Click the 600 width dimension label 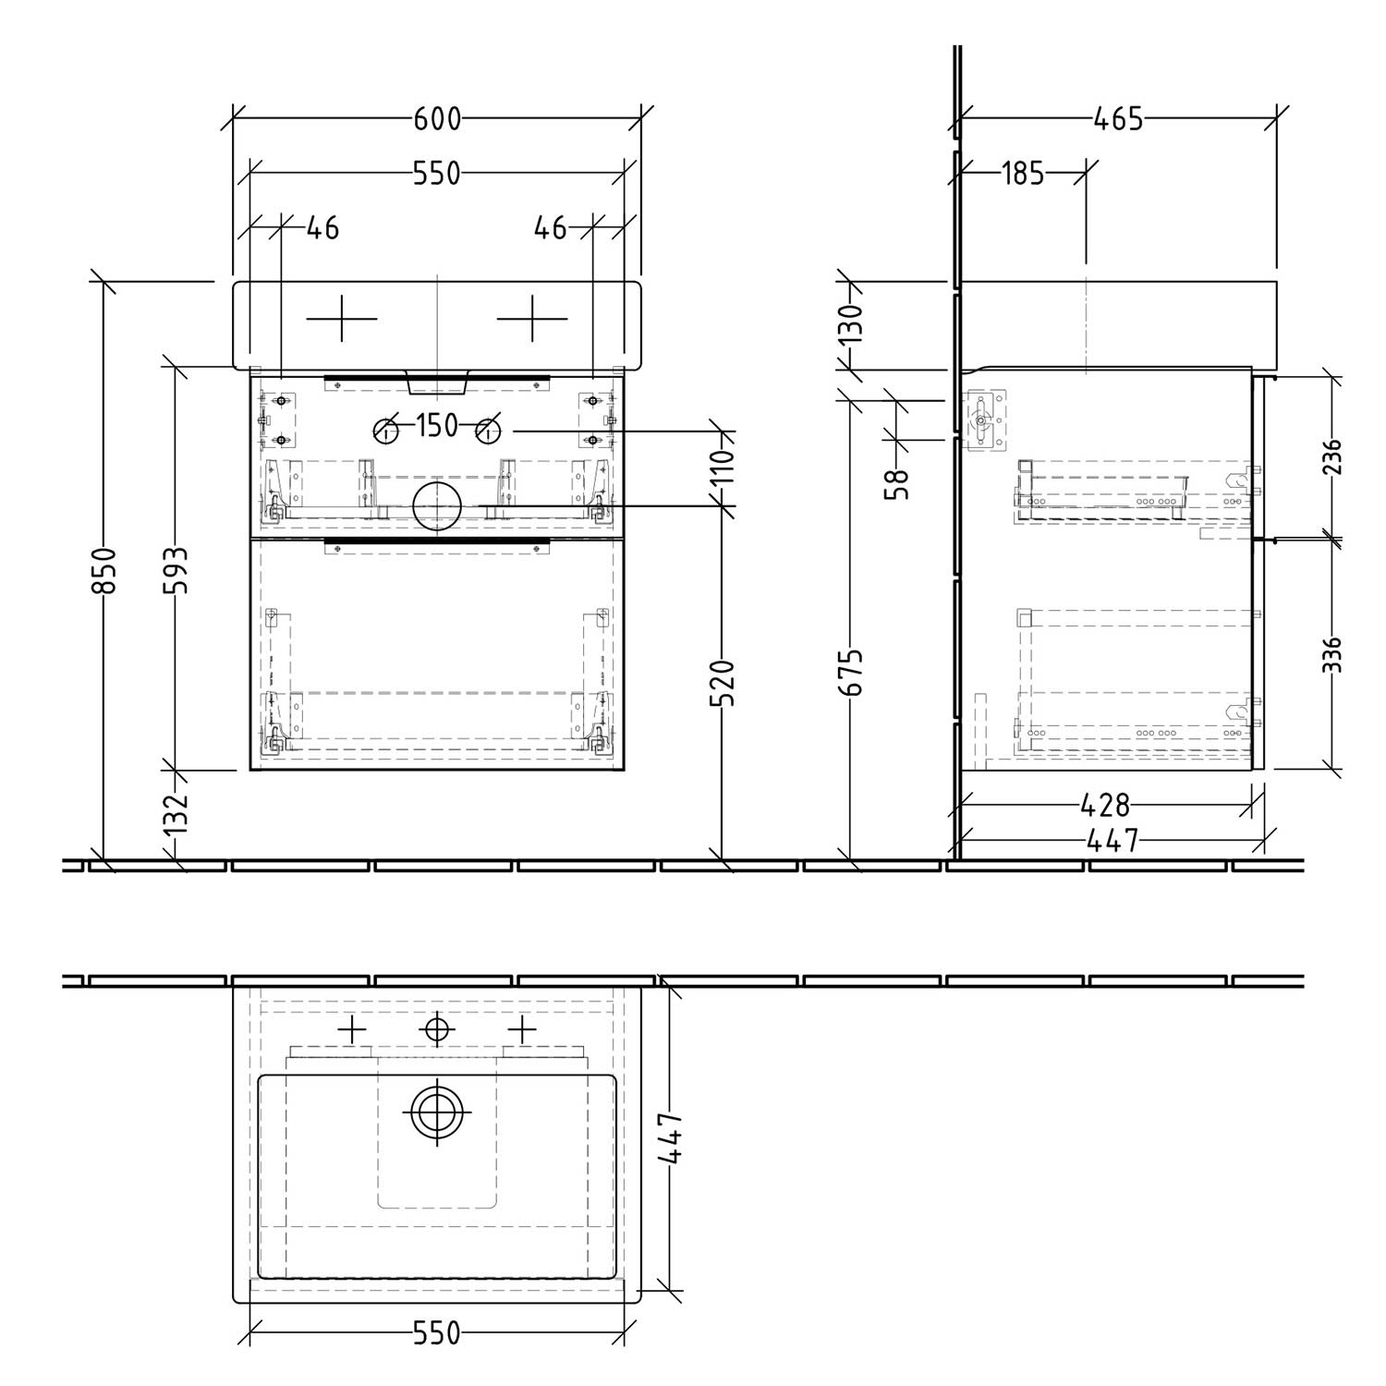click(x=436, y=119)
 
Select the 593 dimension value click(x=176, y=570)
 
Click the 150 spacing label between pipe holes click(x=436, y=426)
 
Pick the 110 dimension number click(x=725, y=466)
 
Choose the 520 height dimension click(x=725, y=683)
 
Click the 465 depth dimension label click(x=1118, y=119)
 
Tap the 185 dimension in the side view click(x=1023, y=173)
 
